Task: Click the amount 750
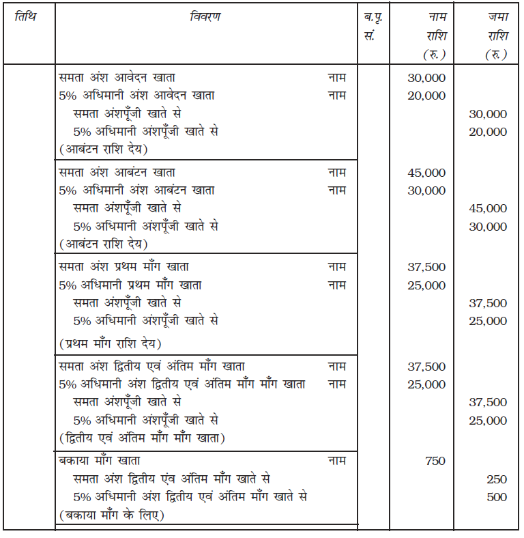(x=435, y=461)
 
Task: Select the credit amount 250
(x=497, y=479)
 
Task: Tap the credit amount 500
(x=497, y=497)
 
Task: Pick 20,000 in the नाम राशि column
(x=426, y=96)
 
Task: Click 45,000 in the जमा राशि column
(x=488, y=208)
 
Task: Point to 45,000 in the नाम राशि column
(x=426, y=173)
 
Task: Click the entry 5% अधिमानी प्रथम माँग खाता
(x=130, y=285)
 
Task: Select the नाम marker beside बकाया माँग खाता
(x=336, y=461)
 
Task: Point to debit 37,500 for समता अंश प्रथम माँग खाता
(x=426, y=267)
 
